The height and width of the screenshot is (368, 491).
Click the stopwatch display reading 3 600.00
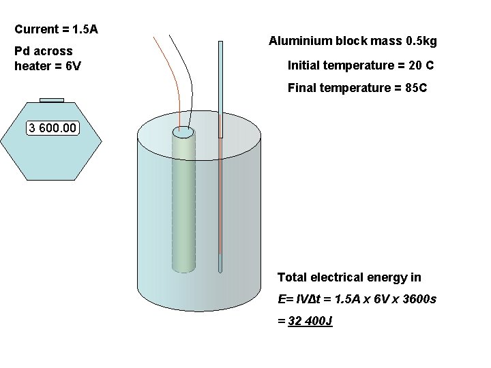tap(53, 128)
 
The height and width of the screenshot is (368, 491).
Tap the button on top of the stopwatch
tap(52, 100)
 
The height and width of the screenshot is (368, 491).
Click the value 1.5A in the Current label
tap(85, 29)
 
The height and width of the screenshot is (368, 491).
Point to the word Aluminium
tap(297, 42)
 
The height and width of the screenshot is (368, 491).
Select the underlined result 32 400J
tap(310, 320)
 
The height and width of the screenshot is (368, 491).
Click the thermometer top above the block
tap(220, 44)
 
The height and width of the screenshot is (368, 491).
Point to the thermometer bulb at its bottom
tap(220, 264)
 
